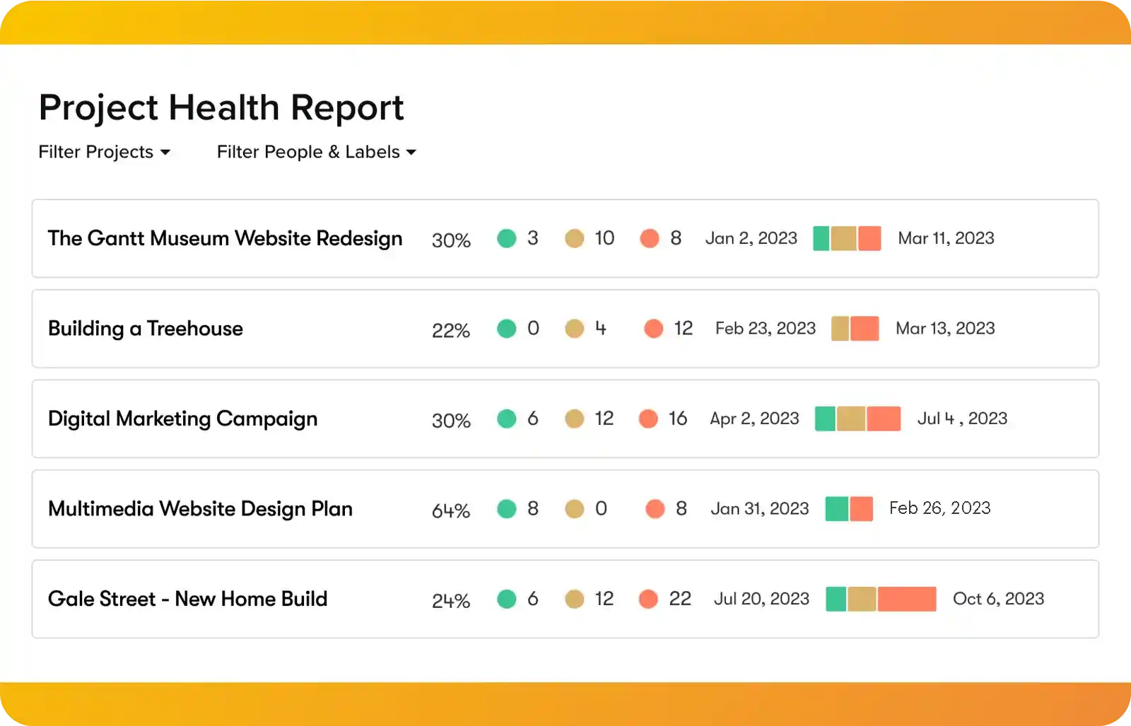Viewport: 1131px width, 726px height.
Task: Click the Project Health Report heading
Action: click(221, 107)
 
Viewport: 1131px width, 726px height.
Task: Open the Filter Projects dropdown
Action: click(104, 152)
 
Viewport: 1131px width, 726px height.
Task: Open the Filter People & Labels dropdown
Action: click(316, 152)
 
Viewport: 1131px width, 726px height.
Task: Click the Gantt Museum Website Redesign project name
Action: click(225, 238)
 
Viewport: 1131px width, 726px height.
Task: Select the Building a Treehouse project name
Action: click(145, 329)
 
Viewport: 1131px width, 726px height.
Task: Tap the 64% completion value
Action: click(450, 510)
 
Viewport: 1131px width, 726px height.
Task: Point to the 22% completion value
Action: click(450, 330)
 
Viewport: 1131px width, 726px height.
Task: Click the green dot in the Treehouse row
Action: click(506, 329)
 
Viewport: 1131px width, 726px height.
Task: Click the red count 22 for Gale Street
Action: click(679, 599)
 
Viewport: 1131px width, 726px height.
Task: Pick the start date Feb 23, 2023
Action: click(765, 329)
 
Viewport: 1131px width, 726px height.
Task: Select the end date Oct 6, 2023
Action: click(998, 599)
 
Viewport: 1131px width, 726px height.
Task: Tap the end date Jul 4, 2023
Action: click(962, 419)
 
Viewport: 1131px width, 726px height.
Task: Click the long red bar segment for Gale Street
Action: click(907, 599)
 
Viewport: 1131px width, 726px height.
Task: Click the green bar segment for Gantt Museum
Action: click(821, 239)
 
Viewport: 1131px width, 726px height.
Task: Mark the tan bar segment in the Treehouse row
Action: click(840, 329)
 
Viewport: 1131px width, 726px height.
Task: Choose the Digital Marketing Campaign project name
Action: click(182, 419)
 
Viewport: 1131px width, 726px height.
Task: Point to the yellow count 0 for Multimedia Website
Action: click(601, 509)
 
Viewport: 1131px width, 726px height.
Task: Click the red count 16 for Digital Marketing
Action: click(677, 419)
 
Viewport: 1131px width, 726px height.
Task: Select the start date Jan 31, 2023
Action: click(759, 509)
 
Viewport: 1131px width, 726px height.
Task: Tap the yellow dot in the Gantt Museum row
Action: click(574, 239)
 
